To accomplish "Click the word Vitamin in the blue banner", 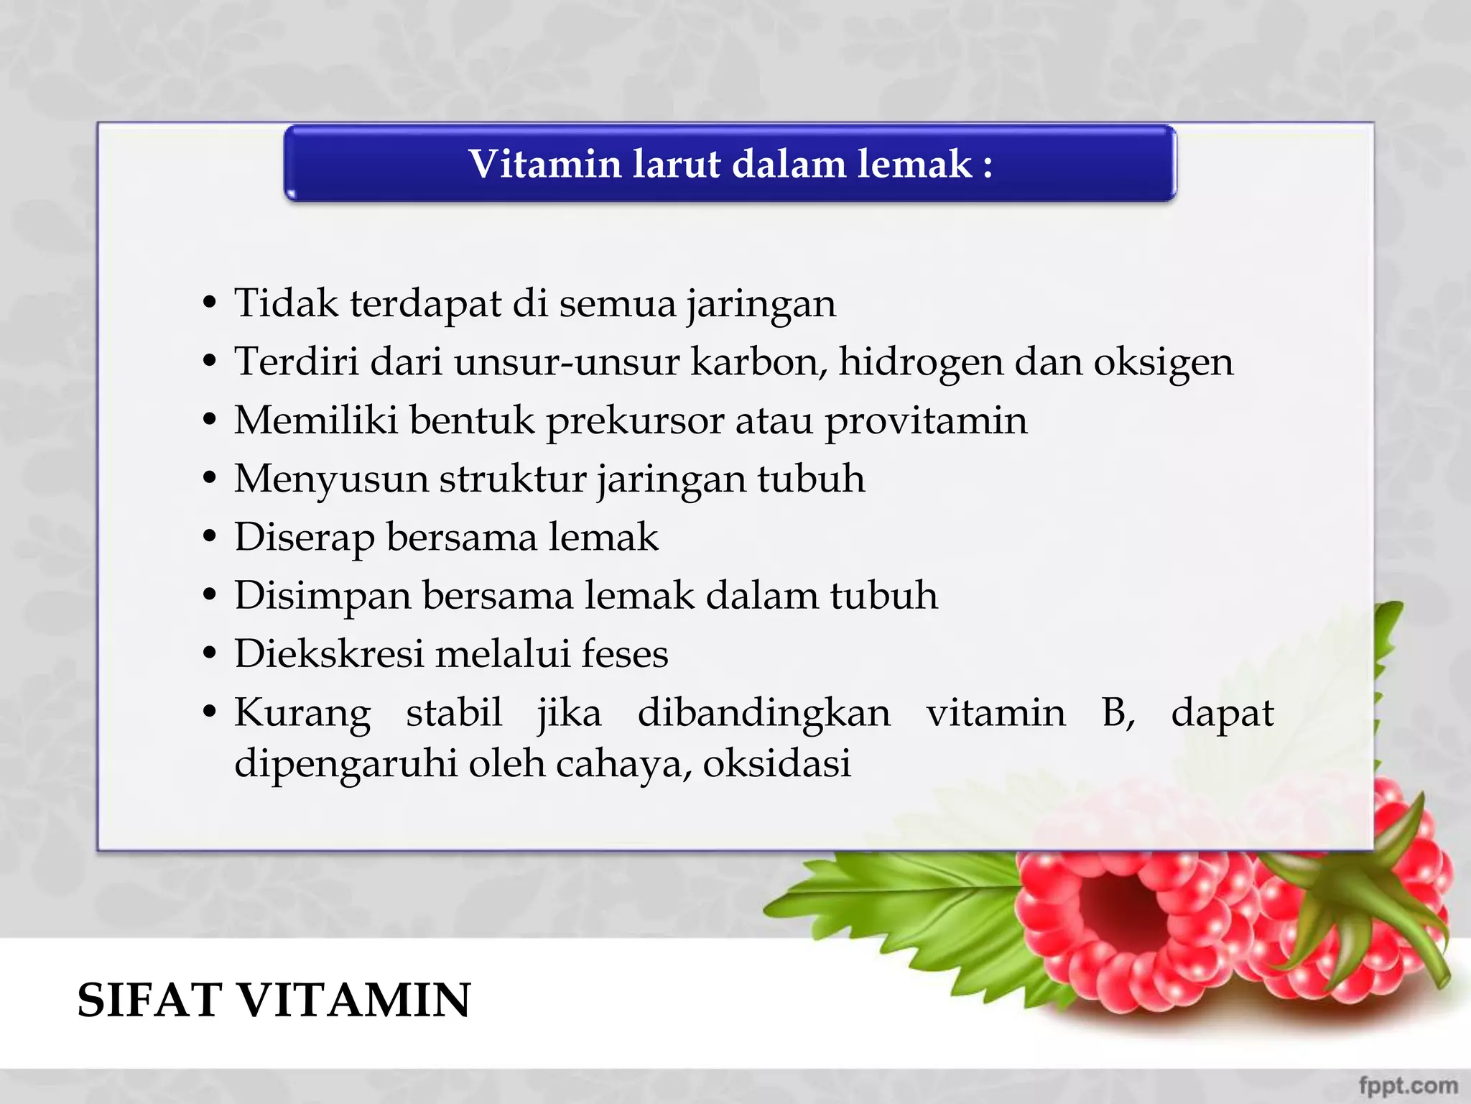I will click(x=544, y=164).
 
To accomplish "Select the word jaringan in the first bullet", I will click(x=761, y=304).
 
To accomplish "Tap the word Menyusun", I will click(x=331, y=480).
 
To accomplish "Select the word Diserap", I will click(x=304, y=538).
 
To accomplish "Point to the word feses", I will click(x=624, y=654).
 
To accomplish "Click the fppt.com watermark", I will click(x=1408, y=1085).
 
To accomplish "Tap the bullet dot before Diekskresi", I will click(x=210, y=654).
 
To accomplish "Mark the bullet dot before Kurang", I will click(x=210, y=713).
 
